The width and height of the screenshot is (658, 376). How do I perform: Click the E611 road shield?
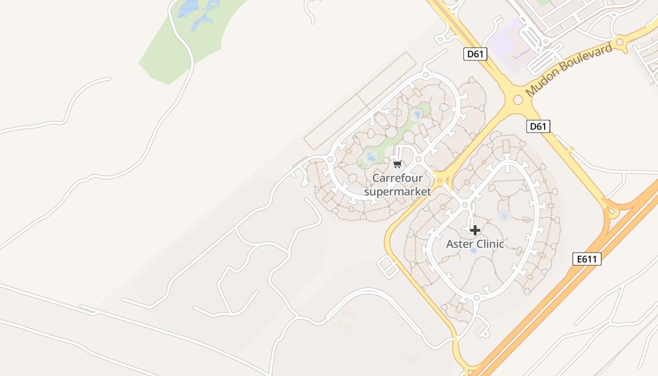coord(587,259)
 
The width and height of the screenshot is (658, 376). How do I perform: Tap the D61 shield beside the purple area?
coord(475,54)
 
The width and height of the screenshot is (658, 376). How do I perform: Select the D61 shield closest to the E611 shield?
coord(538,126)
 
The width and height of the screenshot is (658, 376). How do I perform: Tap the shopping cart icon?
coord(398,164)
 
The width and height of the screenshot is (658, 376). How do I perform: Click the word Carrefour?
coord(398,178)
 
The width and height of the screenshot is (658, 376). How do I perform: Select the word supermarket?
coord(398,191)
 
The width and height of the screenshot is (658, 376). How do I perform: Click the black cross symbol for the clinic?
coord(475,230)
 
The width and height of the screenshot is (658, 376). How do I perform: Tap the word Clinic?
coord(490,244)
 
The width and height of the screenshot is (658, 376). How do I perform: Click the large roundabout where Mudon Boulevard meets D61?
coord(518,100)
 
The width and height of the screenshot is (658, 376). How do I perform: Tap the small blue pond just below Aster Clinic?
coord(473,251)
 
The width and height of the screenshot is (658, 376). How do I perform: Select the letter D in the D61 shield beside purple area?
coord(470,54)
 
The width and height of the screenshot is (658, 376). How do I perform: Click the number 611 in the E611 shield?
coord(590,259)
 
